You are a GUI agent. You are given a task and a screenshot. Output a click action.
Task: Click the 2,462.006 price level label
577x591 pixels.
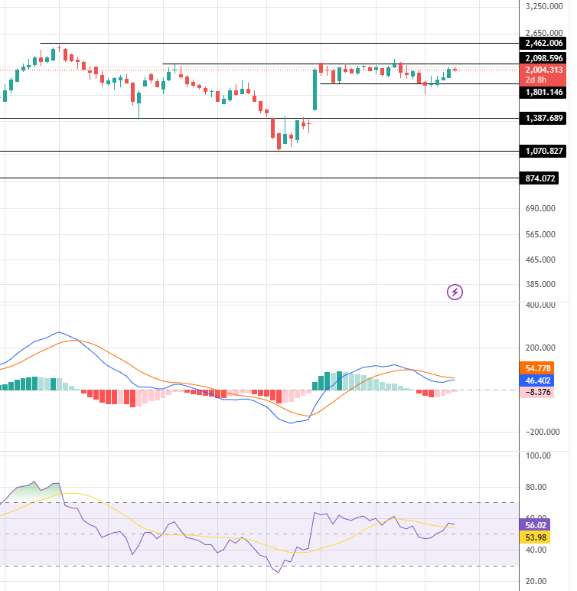pyautogui.click(x=545, y=44)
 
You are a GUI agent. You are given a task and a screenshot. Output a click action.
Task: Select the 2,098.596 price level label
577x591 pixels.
pyautogui.click(x=545, y=58)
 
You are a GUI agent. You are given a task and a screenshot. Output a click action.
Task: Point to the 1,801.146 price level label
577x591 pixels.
pyautogui.click(x=545, y=92)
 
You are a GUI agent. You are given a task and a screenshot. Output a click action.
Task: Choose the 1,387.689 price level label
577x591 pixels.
pyautogui.click(x=545, y=119)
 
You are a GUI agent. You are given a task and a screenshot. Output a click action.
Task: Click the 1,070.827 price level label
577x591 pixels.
pyautogui.click(x=545, y=152)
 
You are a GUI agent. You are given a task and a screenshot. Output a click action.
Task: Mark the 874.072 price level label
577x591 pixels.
pyautogui.click(x=540, y=178)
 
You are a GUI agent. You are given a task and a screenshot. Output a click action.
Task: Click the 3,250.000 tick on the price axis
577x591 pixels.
pyautogui.click(x=545, y=6)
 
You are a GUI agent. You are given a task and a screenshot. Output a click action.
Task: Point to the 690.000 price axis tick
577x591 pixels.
pyautogui.click(x=540, y=208)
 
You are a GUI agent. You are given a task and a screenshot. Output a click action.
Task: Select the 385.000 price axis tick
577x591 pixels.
pyautogui.click(x=540, y=284)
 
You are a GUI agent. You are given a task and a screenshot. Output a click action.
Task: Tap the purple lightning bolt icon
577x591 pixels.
pyautogui.click(x=455, y=292)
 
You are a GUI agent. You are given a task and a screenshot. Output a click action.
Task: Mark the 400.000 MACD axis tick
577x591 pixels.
pyautogui.click(x=540, y=305)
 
